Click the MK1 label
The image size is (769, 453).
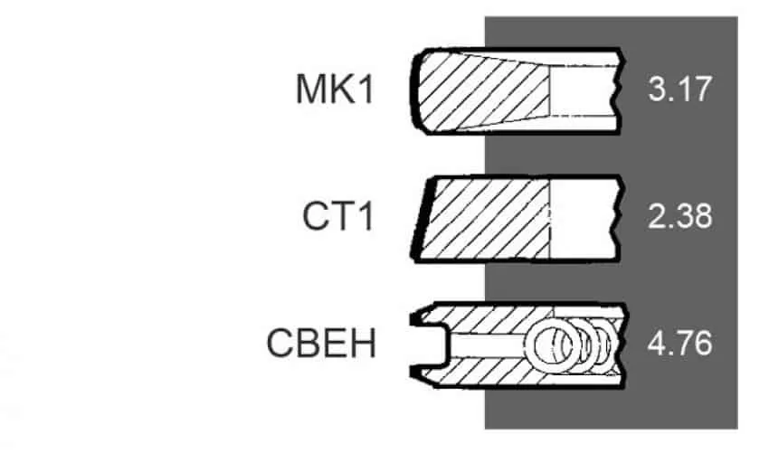(x=335, y=89)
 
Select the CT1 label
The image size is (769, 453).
(x=338, y=216)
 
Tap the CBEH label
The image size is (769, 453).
(x=321, y=344)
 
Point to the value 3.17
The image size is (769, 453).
(x=679, y=90)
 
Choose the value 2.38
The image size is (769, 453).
(x=679, y=216)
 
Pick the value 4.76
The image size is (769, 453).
(x=679, y=344)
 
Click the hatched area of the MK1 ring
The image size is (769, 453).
(x=483, y=90)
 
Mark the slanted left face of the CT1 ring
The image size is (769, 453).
(x=422, y=218)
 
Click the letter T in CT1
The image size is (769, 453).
(x=343, y=216)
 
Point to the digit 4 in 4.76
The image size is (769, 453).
(x=657, y=344)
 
